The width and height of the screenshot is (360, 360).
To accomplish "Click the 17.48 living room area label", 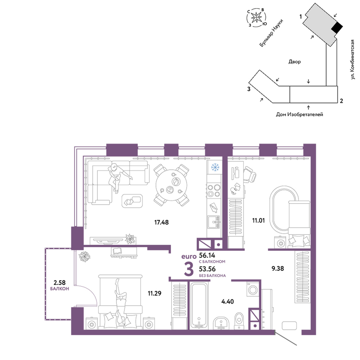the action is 161,222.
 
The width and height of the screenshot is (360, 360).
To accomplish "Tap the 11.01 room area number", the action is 258,221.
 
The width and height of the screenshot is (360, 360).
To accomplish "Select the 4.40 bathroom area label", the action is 228,301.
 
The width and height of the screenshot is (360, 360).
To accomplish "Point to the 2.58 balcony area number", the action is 59,282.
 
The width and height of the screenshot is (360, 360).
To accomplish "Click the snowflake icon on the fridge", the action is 215,167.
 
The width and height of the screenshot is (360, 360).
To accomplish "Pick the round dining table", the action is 171,185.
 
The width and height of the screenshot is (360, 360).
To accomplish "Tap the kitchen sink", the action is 214,222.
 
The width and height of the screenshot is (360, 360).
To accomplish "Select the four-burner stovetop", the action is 214,191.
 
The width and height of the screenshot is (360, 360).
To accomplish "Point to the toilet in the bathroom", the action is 239,320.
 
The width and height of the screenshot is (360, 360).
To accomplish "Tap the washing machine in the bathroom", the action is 253,289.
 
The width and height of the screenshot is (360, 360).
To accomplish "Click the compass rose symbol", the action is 256,17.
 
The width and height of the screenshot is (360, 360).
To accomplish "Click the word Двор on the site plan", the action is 294,62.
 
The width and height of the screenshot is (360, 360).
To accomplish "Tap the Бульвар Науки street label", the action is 271,33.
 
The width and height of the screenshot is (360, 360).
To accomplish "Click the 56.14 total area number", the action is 207,255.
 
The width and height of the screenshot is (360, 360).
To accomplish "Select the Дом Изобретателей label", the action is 300,114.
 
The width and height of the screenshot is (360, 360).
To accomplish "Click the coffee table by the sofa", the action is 132,201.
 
